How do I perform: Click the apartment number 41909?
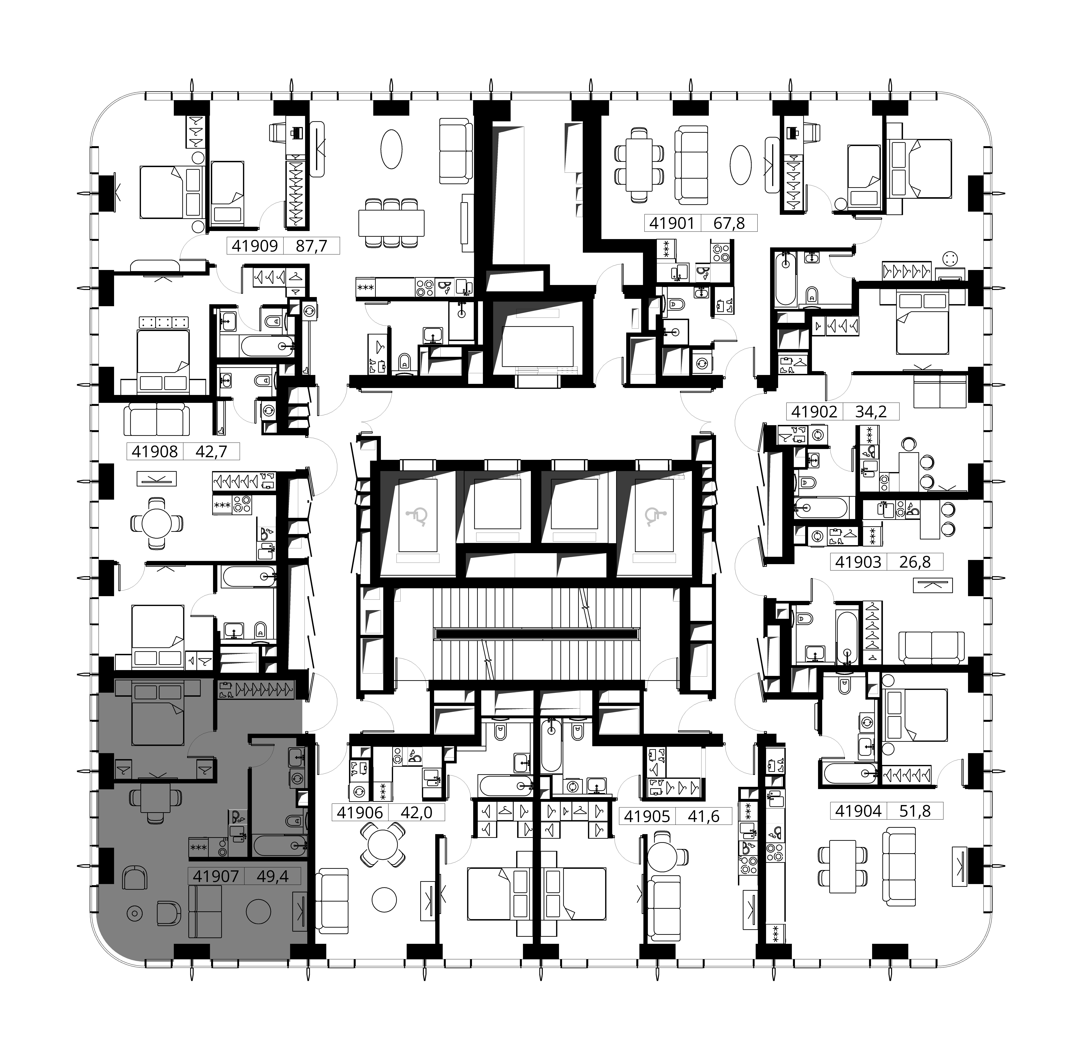(255, 246)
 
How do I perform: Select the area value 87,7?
(311, 246)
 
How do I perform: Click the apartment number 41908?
(155, 452)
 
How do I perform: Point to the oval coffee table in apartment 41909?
(391, 149)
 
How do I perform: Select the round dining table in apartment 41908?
(157, 523)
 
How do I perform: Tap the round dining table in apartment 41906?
(383, 845)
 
